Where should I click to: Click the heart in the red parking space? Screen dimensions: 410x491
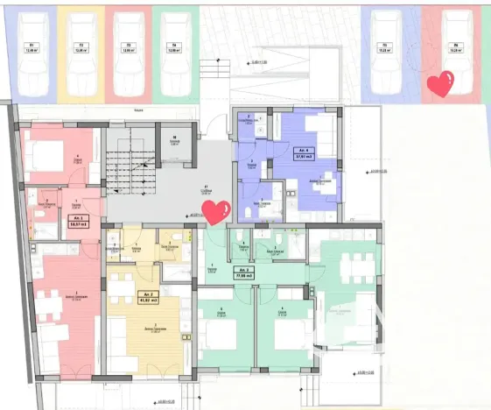(x=439, y=85)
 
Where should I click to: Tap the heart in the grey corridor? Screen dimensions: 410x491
(x=215, y=211)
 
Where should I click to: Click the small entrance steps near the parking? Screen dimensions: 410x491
(x=210, y=71)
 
